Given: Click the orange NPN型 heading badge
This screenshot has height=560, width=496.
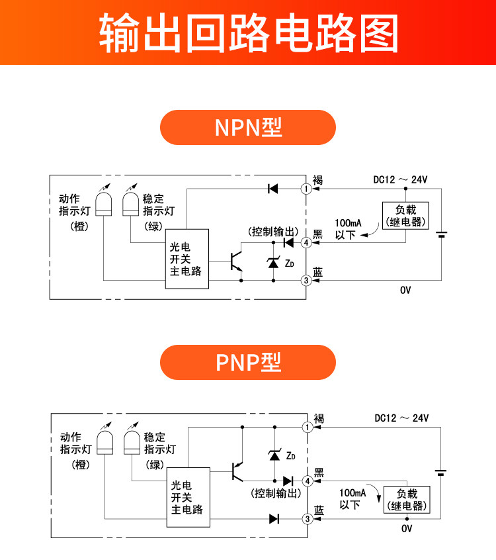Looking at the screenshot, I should click(248, 127).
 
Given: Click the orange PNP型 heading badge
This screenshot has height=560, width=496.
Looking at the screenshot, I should click(248, 362).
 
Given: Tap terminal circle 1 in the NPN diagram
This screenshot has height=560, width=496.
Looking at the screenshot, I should click(306, 189).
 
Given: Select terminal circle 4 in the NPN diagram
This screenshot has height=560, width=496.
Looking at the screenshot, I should click(306, 243).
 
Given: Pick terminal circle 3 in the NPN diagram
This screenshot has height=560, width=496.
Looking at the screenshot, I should click(306, 281).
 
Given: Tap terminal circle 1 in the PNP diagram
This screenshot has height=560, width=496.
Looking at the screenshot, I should click(307, 427).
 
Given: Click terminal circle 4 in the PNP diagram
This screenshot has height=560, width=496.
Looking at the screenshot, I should click(307, 481).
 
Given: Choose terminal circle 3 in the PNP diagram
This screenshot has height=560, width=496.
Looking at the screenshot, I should click(307, 519).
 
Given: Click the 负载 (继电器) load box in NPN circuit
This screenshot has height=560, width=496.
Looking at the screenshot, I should click(406, 216).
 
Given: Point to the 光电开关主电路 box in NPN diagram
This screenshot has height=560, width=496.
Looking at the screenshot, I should click(186, 258).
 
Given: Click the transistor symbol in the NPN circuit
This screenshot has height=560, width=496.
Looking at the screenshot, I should click(235, 261).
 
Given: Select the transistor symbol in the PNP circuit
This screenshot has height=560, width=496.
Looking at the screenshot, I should click(235, 471).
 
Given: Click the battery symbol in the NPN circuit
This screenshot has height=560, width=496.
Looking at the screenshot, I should click(442, 235).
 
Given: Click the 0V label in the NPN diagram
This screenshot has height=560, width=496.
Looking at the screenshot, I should click(405, 290).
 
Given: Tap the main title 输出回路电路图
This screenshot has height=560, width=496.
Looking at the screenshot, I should click(248, 32).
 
